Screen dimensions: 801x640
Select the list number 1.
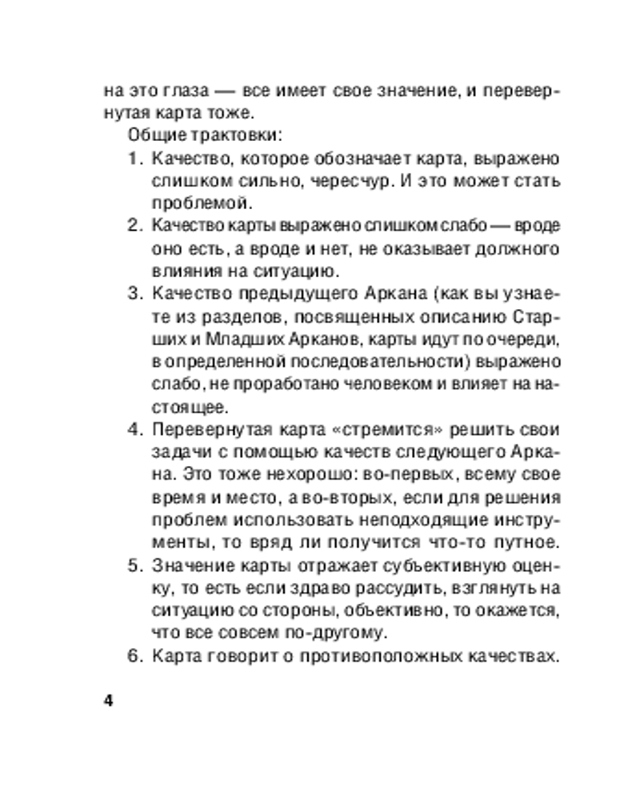click(134, 157)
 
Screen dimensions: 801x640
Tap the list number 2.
click(134, 225)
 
